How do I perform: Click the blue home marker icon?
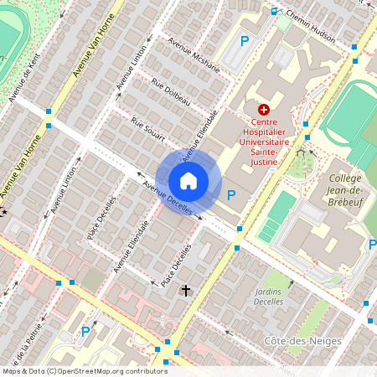pos(188,180)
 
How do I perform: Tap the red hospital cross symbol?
pos(264,110)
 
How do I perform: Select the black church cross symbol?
pos(186,290)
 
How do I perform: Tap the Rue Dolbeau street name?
pos(171,92)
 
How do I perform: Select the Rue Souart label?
pos(148,129)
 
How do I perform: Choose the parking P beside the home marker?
pos(232,195)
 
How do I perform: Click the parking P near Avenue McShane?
pos(245,40)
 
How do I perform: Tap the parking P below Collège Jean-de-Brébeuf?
pos(372,244)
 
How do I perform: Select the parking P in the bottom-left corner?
pos(85,331)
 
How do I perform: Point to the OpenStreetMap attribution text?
pos(84,371)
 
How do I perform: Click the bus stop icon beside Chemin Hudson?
pos(274,11)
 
